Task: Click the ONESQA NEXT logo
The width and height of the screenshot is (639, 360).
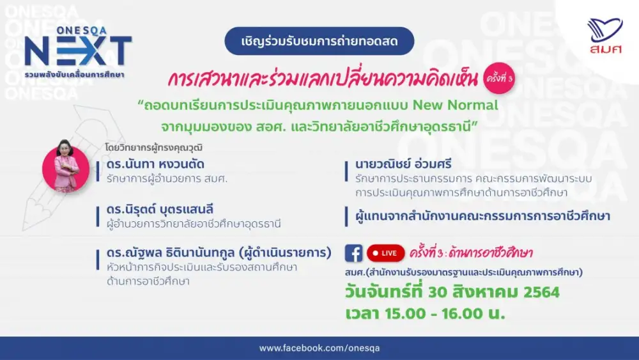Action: [78, 52]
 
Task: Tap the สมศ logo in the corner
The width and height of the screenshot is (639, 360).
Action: [605, 36]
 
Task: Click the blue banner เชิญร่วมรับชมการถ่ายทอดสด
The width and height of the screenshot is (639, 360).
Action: [319, 41]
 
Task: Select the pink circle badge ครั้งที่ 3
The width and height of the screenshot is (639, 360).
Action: [499, 78]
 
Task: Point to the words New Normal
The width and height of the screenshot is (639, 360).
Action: [455, 106]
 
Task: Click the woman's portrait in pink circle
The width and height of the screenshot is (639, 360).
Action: [66, 166]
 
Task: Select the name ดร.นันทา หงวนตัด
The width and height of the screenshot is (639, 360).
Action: [155, 164]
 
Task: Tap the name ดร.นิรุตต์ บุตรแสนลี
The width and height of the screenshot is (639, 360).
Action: [160, 209]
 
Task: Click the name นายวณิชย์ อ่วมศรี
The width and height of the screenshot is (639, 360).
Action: [403, 164]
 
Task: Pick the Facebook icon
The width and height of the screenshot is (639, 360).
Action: [354, 253]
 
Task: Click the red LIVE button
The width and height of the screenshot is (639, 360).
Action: [385, 253]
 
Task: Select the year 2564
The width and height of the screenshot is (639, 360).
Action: [542, 292]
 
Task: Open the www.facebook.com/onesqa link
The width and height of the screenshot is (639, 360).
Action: [319, 348]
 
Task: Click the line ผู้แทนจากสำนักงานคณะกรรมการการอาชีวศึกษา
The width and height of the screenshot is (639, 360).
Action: [482, 216]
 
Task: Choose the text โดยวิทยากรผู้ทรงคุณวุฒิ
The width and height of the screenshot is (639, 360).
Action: [153, 147]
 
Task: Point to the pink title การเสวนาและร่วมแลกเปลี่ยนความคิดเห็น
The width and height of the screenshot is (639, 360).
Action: [322, 79]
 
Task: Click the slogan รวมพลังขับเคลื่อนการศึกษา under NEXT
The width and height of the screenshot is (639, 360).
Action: [74, 75]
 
